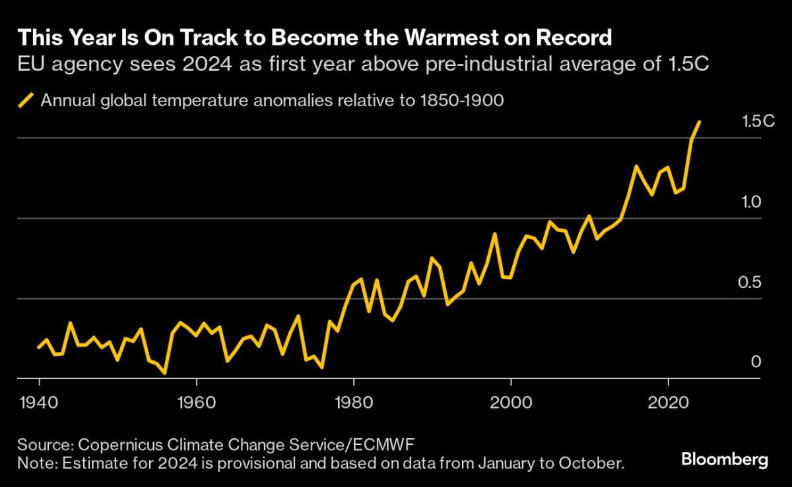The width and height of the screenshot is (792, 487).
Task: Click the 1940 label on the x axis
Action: pyautogui.click(x=40, y=401)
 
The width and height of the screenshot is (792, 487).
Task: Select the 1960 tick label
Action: pyautogui.click(x=196, y=401)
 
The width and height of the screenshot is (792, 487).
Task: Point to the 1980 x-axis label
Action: pyautogui.click(x=354, y=401)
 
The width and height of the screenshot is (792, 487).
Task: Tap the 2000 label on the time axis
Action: pyautogui.click(x=511, y=401)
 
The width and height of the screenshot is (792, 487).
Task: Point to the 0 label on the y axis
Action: pyautogui.click(x=756, y=362)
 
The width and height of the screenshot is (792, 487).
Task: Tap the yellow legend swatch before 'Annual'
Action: pyautogui.click(x=26, y=101)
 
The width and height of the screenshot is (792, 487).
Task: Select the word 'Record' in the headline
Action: pyautogui.click(x=575, y=38)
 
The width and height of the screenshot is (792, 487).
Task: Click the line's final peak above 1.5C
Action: pyautogui.click(x=700, y=121)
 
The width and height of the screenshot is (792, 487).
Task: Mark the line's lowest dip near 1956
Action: pyautogui.click(x=164, y=373)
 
